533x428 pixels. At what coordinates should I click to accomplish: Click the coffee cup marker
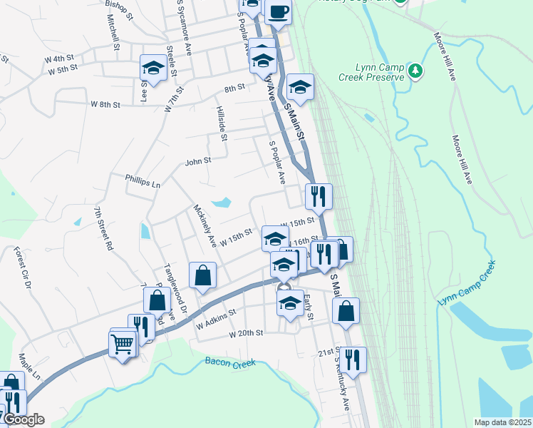tap(279, 11)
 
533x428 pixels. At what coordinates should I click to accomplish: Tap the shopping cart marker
tap(122, 345)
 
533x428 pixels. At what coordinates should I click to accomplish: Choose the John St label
tap(198, 161)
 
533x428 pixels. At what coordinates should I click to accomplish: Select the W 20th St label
tap(247, 333)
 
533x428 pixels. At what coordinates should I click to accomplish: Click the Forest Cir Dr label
tap(21, 268)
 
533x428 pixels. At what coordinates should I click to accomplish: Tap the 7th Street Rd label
tap(102, 228)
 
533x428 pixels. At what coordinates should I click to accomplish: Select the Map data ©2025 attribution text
tap(502, 422)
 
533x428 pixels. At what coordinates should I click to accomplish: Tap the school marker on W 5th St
tap(153, 68)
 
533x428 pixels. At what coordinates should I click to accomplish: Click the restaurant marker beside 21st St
tap(352, 360)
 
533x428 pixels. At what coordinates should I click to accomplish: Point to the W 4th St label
tap(58, 58)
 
